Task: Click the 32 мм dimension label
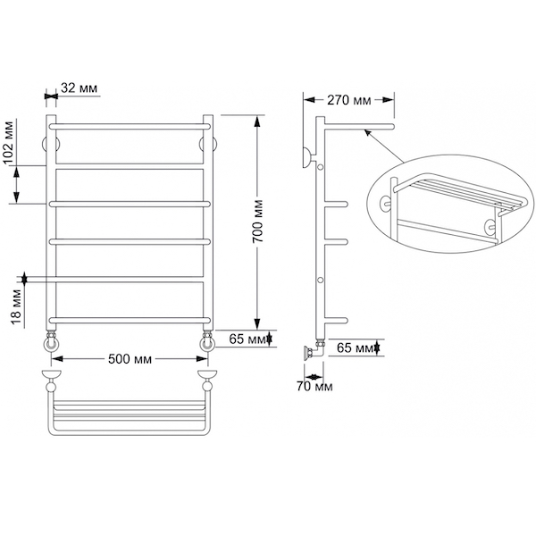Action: (79, 88)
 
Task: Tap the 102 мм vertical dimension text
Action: (10, 142)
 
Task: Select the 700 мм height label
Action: (258, 222)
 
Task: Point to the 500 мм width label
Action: (130, 359)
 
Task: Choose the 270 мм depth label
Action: (349, 100)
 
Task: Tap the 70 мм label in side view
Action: (314, 387)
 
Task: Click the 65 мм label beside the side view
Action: (356, 348)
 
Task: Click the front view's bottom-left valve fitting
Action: (51, 342)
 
